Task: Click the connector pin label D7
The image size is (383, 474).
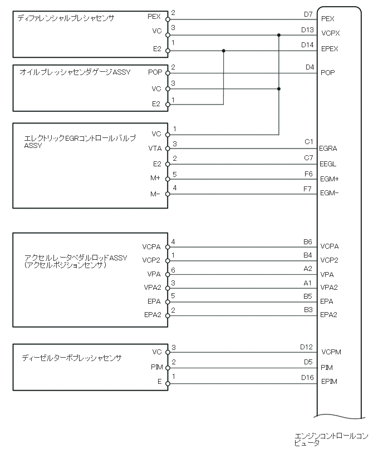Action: pyautogui.click(x=308, y=14)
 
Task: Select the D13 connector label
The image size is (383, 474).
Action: pyautogui.click(x=307, y=29)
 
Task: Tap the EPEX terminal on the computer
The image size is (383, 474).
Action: pyautogui.click(x=330, y=49)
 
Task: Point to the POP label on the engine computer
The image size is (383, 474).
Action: pyautogui.click(x=328, y=72)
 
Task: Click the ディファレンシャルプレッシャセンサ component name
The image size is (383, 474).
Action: pyautogui.click(x=66, y=18)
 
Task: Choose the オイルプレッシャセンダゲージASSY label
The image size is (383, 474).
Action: pyautogui.click(x=75, y=72)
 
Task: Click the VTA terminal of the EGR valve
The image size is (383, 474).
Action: pyautogui.click(x=155, y=149)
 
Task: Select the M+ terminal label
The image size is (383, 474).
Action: pyautogui.click(x=155, y=179)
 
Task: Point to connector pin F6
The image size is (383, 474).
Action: pyautogui.click(x=308, y=174)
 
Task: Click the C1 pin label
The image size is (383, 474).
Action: pyautogui.click(x=308, y=142)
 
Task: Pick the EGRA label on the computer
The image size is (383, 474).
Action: pyautogui.click(x=329, y=149)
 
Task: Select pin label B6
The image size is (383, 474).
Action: pyautogui.click(x=308, y=242)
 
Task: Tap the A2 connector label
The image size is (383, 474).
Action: pyautogui.click(x=308, y=269)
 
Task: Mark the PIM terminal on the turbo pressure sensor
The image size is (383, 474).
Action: pyautogui.click(x=156, y=367)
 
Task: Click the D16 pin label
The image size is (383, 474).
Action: pyautogui.click(x=307, y=377)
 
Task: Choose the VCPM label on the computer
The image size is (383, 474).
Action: pyautogui.click(x=331, y=352)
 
